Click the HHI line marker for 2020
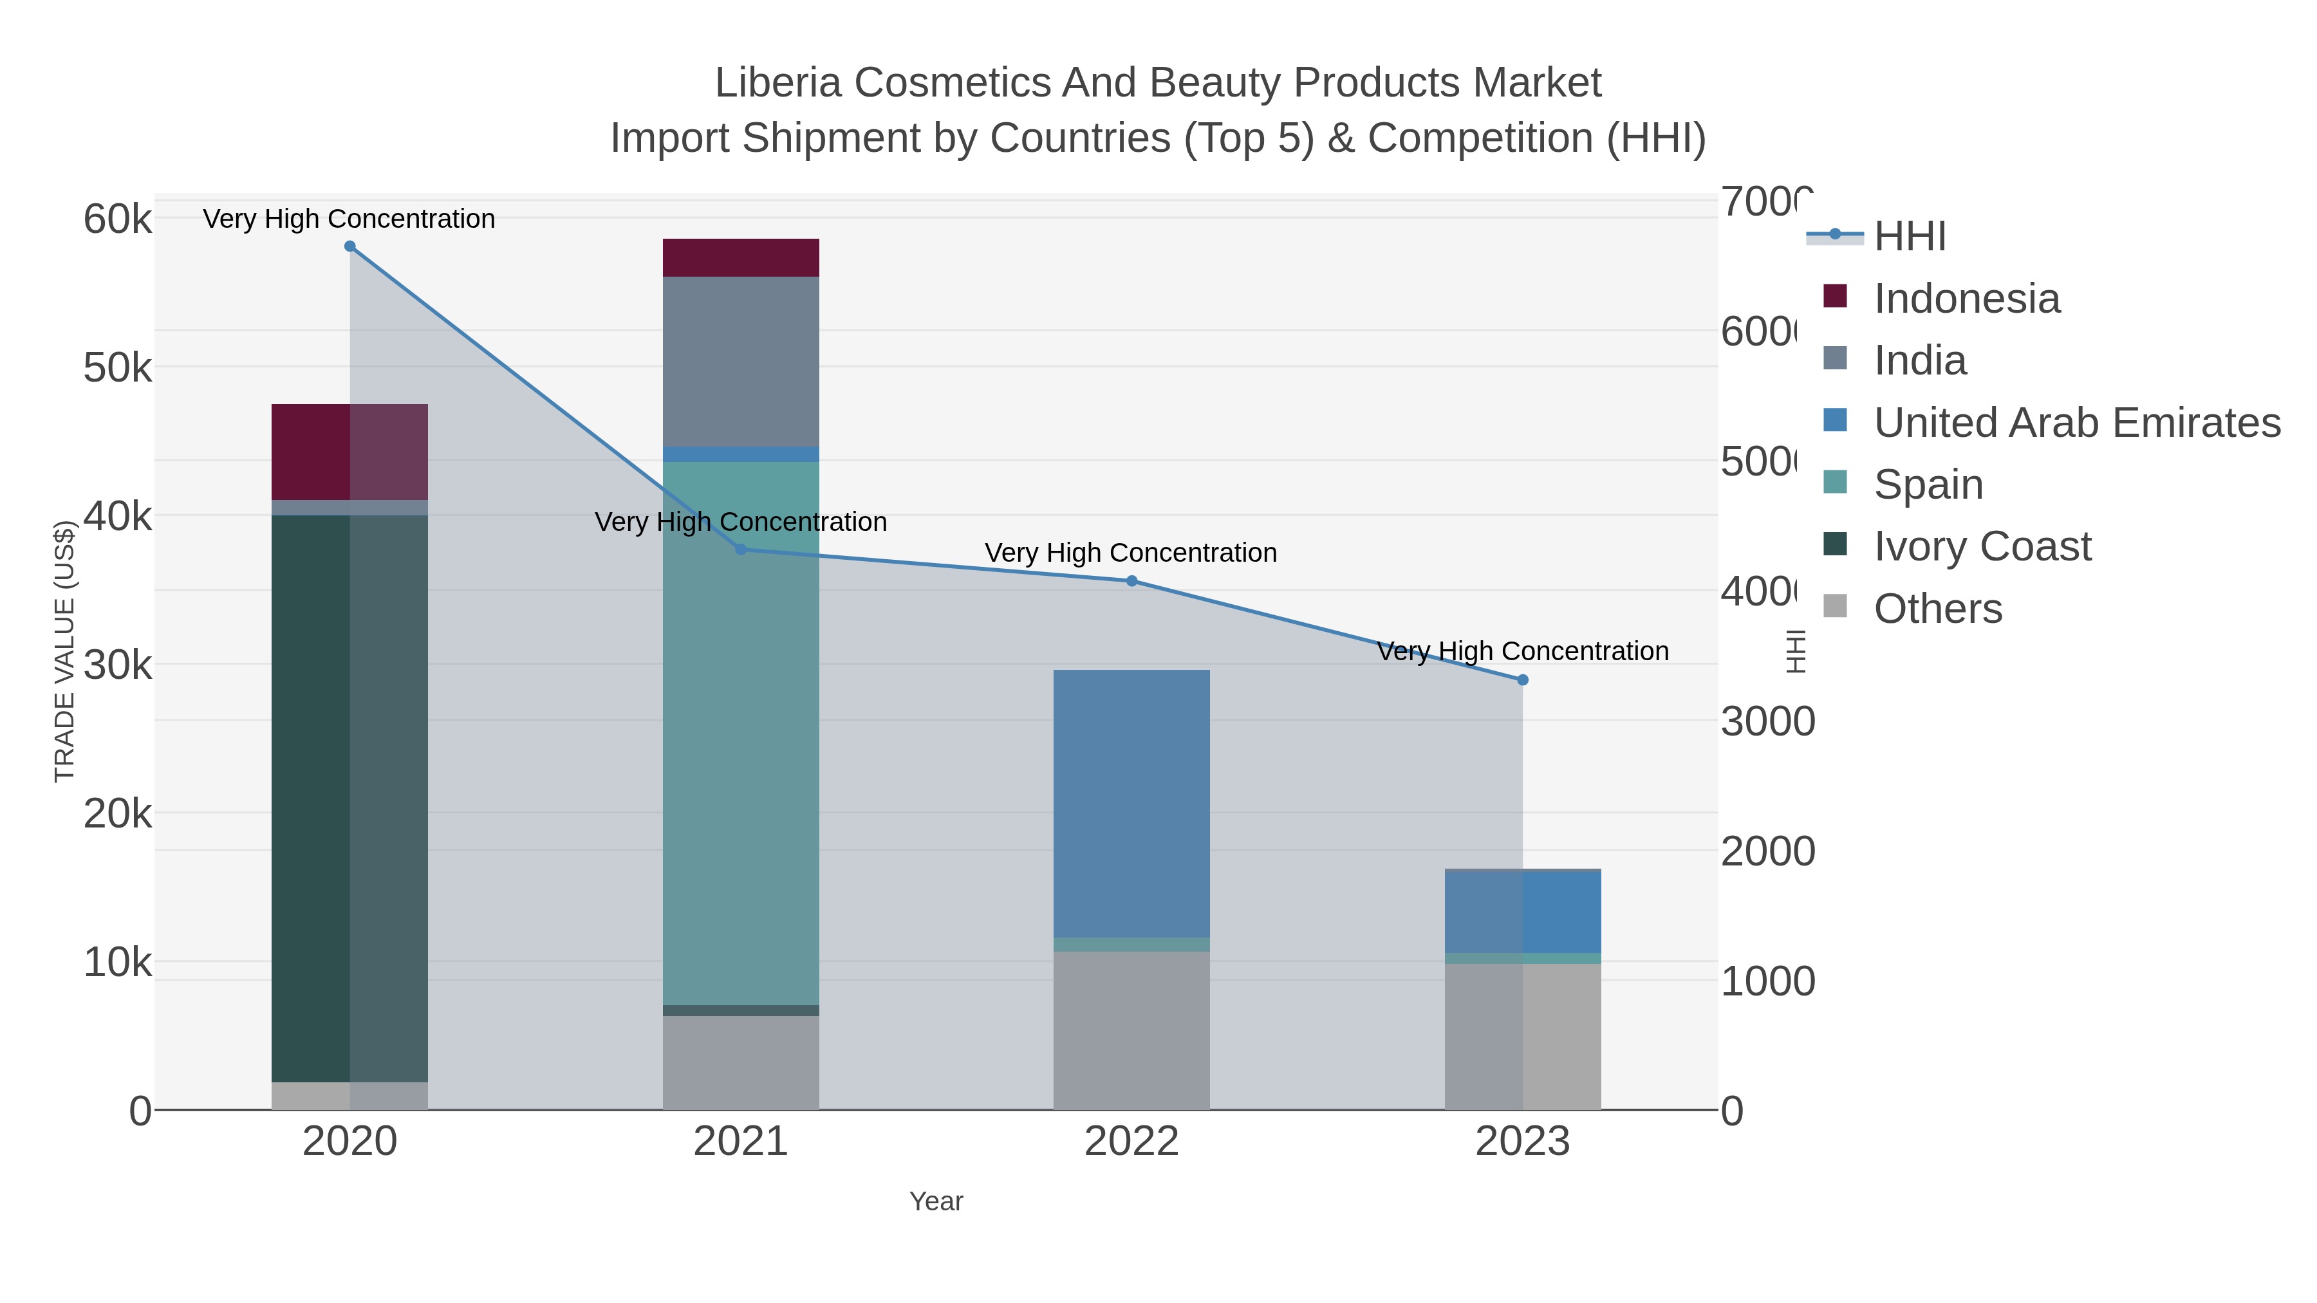[x=350, y=246]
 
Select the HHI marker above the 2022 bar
[x=1131, y=581]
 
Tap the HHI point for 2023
[x=1522, y=680]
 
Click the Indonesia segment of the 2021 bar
[x=740, y=258]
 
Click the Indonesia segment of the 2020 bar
[x=310, y=452]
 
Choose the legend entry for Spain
[x=1928, y=485]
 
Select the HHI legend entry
[x=1910, y=237]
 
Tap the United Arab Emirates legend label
[x=2076, y=423]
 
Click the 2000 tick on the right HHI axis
[x=1767, y=851]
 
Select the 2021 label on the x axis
[x=740, y=1141]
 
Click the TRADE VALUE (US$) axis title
[x=65, y=651]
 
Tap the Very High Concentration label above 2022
[x=1131, y=552]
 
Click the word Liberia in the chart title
[x=778, y=83]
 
